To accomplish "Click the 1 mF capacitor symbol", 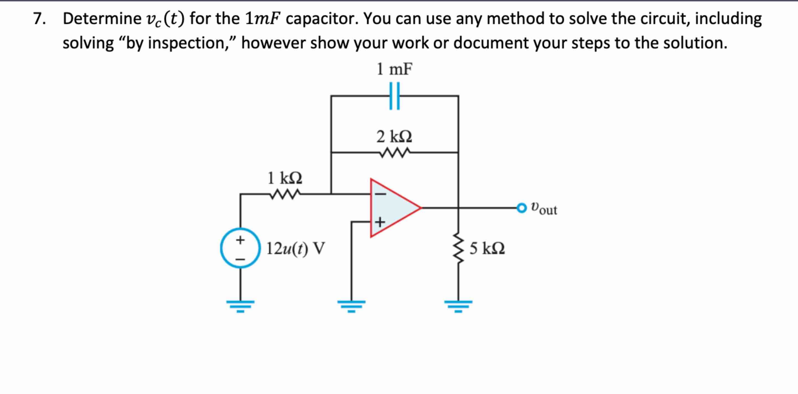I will coord(394,96).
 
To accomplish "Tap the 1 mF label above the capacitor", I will coord(394,69).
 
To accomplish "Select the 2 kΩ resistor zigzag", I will coord(394,152).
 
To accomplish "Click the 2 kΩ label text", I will coord(394,137).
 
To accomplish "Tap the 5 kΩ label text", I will coord(487,248).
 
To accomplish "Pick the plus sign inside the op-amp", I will coord(380,222).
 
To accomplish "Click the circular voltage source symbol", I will coord(240,248).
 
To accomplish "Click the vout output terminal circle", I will coord(522,208).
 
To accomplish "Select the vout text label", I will coord(544,208).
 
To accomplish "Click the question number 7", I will coord(39,19).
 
